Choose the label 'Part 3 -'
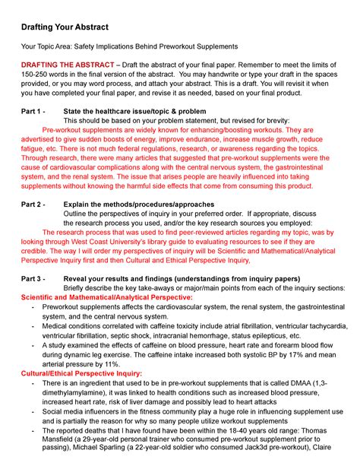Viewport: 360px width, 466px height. (x=34, y=279)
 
